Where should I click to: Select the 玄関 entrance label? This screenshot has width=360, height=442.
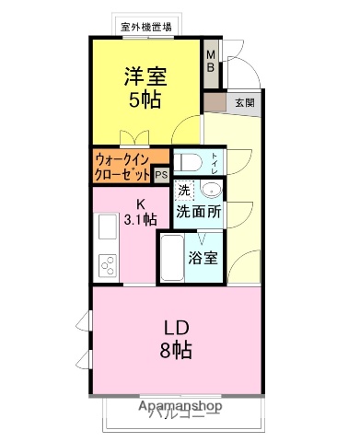[244, 102]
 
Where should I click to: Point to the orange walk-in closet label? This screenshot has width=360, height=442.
[122, 165]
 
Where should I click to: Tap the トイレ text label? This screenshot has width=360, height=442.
[215, 163]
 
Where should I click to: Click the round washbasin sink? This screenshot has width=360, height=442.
[211, 192]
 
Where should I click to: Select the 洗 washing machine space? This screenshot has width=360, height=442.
[184, 190]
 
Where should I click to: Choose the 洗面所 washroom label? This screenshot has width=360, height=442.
[199, 211]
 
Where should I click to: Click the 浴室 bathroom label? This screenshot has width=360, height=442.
[203, 257]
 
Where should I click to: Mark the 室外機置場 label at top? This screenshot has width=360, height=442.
[147, 26]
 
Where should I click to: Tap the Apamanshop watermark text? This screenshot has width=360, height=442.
[180, 404]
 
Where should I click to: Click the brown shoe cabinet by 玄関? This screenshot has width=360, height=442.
[214, 101]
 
